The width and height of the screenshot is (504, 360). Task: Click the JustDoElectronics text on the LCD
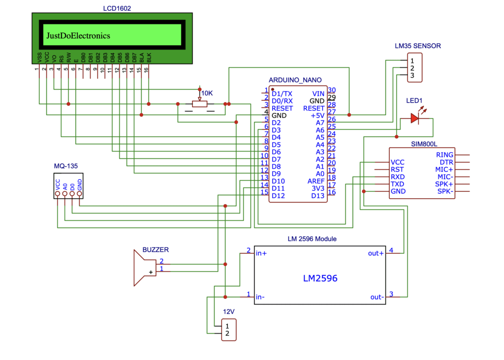coord(78,36)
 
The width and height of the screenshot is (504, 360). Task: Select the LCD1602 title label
coord(117,8)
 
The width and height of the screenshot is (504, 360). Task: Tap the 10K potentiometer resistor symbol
coord(199,104)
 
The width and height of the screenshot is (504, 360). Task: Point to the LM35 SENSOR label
coord(417,46)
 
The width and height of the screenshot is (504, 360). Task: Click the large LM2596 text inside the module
coord(319,278)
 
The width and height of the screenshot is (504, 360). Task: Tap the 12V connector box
coord(228,330)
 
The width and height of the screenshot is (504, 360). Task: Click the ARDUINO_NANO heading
coord(295,80)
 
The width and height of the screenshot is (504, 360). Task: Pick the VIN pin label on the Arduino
coord(318,93)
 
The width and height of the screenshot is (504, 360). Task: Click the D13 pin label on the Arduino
coord(318,196)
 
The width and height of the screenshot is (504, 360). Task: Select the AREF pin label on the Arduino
coord(316,181)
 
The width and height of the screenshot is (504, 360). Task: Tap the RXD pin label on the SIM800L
coord(398,177)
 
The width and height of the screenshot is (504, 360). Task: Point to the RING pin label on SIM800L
coord(444,155)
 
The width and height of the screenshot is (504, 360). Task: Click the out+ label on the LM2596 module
coord(376,253)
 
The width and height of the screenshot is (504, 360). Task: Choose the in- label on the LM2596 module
coord(261,297)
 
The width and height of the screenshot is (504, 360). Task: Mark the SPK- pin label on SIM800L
coord(445,191)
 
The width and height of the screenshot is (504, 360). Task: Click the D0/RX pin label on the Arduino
coord(282,100)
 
